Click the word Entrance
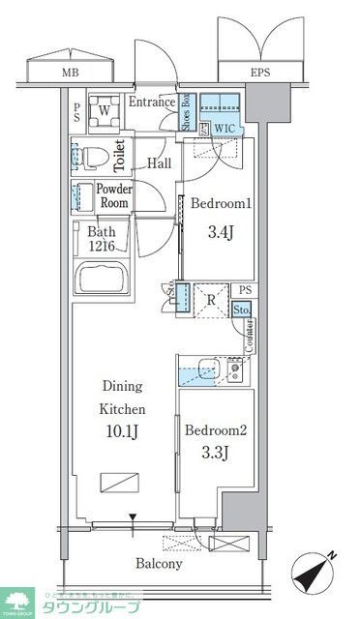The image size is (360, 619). coord(151,103)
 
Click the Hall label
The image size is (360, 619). coord(160,163)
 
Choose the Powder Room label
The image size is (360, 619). coord(114,196)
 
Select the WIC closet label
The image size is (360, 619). coord(225,127)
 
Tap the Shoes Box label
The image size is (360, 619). coord(186,113)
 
